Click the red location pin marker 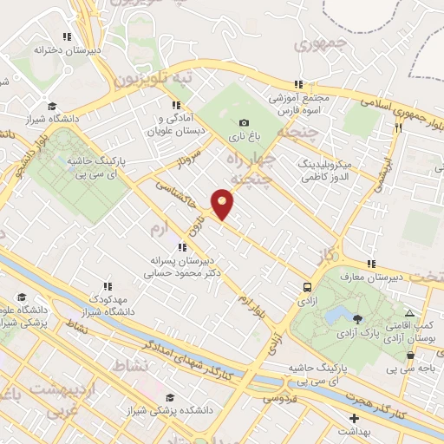(223, 203)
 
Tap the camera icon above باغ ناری (244, 123)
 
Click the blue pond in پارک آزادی (341, 313)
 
